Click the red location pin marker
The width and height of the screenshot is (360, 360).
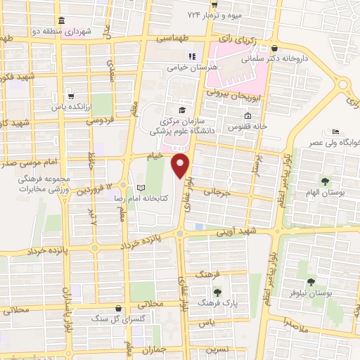[181, 167]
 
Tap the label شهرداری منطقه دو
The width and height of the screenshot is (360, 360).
[83, 31]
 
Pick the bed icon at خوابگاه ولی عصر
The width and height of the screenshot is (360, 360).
[336, 131]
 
